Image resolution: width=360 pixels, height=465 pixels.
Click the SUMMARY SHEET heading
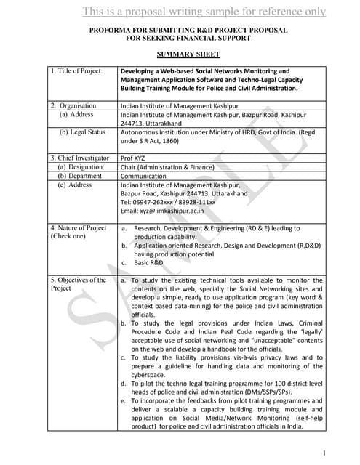pyautogui.click(x=188, y=54)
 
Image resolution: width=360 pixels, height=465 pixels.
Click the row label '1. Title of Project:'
pyautogui.click(x=76, y=70)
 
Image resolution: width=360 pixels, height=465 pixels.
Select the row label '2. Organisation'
pyautogui.click(x=73, y=105)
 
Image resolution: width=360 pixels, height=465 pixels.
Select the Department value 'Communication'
pyautogui.click(x=143, y=176)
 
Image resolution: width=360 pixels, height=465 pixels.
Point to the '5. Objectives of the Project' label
pyautogui.click(x=78, y=284)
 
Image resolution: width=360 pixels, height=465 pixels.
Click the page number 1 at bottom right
pyautogui.click(x=323, y=453)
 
